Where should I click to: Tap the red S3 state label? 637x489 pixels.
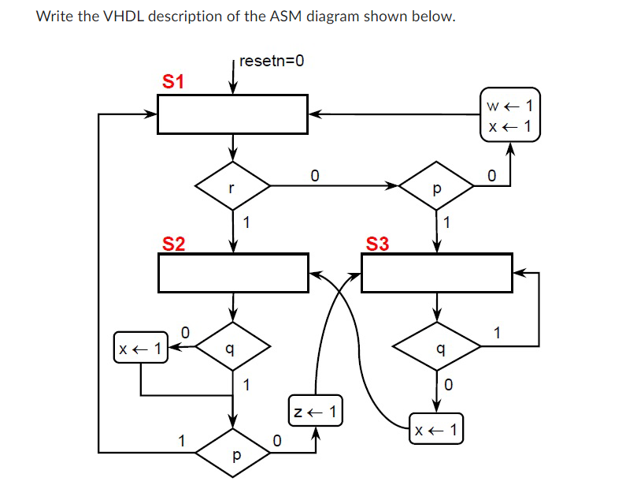click(x=378, y=243)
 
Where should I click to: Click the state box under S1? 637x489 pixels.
click(x=232, y=114)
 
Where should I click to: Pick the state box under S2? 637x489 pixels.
click(x=232, y=273)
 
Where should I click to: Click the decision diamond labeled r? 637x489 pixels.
click(x=232, y=187)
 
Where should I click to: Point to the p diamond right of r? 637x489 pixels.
click(x=437, y=187)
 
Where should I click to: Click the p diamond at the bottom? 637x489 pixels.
click(x=232, y=454)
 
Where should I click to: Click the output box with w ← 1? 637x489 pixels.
click(x=509, y=114)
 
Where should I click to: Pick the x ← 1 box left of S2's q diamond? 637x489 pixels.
click(x=141, y=347)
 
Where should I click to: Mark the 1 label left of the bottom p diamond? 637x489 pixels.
click(x=181, y=442)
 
